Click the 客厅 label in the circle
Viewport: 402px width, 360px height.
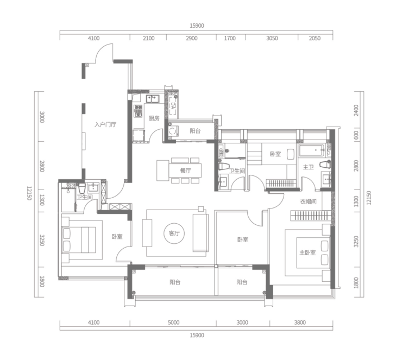point(174,233)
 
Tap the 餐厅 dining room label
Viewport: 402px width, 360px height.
point(185,170)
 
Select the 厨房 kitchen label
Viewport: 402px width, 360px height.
point(154,118)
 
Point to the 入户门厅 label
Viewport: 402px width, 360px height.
point(105,125)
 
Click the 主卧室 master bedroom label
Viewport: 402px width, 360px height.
point(307,252)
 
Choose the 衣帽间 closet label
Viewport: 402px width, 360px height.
point(308,201)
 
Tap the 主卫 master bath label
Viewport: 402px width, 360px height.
point(308,167)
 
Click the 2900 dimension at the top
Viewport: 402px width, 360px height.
point(192,39)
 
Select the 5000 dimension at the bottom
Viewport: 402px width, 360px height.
point(174,323)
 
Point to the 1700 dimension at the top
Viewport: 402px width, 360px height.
point(230,39)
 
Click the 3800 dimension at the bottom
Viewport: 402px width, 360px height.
point(300,323)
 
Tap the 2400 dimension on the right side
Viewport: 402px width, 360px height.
point(356,110)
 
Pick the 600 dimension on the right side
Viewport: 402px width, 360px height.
point(356,136)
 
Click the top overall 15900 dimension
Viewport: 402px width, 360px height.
point(197,26)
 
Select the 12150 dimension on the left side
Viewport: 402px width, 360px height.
point(29,193)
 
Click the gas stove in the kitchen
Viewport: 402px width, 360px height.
point(138,111)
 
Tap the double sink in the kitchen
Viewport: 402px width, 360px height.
point(153,98)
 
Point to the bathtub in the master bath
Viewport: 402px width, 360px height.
point(311,150)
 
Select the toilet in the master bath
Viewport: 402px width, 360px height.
point(325,164)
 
